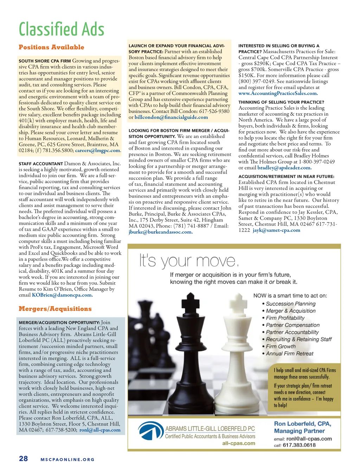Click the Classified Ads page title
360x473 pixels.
pos(62,29)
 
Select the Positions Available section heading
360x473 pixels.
pos(51,47)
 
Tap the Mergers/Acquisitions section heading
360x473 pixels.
pos(55,309)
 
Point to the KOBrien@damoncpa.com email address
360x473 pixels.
pos(62,295)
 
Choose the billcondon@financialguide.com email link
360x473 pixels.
pos(171,117)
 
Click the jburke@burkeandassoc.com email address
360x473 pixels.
pos(160,232)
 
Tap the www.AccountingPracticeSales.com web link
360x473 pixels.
pos(278,93)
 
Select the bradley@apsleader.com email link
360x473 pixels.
pos(284,168)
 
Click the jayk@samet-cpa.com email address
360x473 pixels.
pos(276,230)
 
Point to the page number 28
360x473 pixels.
pos(23,459)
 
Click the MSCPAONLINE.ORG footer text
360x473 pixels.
pos(67,460)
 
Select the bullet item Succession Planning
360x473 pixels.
pos(290,303)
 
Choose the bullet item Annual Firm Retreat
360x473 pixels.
pos(289,353)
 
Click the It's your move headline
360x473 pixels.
pos(189,261)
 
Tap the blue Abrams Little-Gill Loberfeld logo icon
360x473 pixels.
pos(150,431)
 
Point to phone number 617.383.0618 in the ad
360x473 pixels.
pos(299,445)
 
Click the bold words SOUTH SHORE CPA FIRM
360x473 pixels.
pos(45,61)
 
